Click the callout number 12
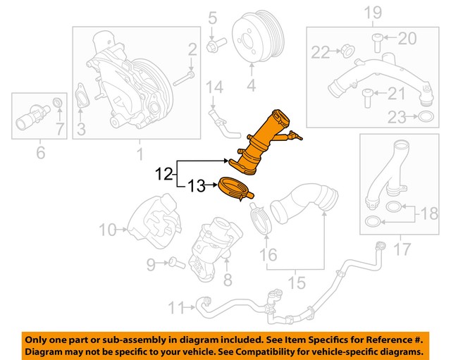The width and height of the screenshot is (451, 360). [163, 173]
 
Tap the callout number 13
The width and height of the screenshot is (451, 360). [195, 186]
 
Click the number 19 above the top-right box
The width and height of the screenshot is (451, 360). [372, 12]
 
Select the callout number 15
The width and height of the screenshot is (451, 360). [296, 283]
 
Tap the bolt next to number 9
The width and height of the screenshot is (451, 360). [174, 264]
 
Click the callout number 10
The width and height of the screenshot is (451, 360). [106, 230]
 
